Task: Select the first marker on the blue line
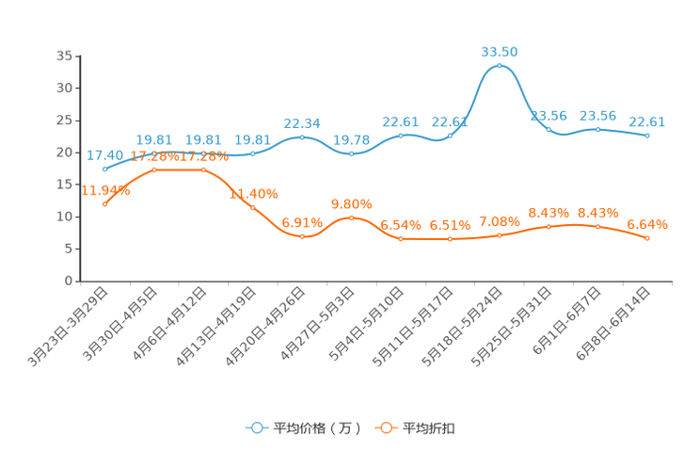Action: pos(104,169)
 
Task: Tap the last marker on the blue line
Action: pos(647,137)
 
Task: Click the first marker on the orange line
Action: pos(104,202)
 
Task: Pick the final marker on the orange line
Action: pos(647,239)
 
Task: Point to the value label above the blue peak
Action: pos(499,50)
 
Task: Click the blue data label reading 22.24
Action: pos(302,123)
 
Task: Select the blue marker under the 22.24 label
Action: pos(302,137)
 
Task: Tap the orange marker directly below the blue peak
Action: pos(499,235)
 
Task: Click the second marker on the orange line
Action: pos(154,169)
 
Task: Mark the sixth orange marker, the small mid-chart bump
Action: pos(351,217)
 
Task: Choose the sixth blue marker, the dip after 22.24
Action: pos(351,153)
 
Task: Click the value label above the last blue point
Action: pos(647,122)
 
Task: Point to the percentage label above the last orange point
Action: pos(647,224)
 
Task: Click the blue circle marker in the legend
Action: pos(256,427)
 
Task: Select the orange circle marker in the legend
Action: pos(385,427)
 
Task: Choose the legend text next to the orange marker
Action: pos(430,428)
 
